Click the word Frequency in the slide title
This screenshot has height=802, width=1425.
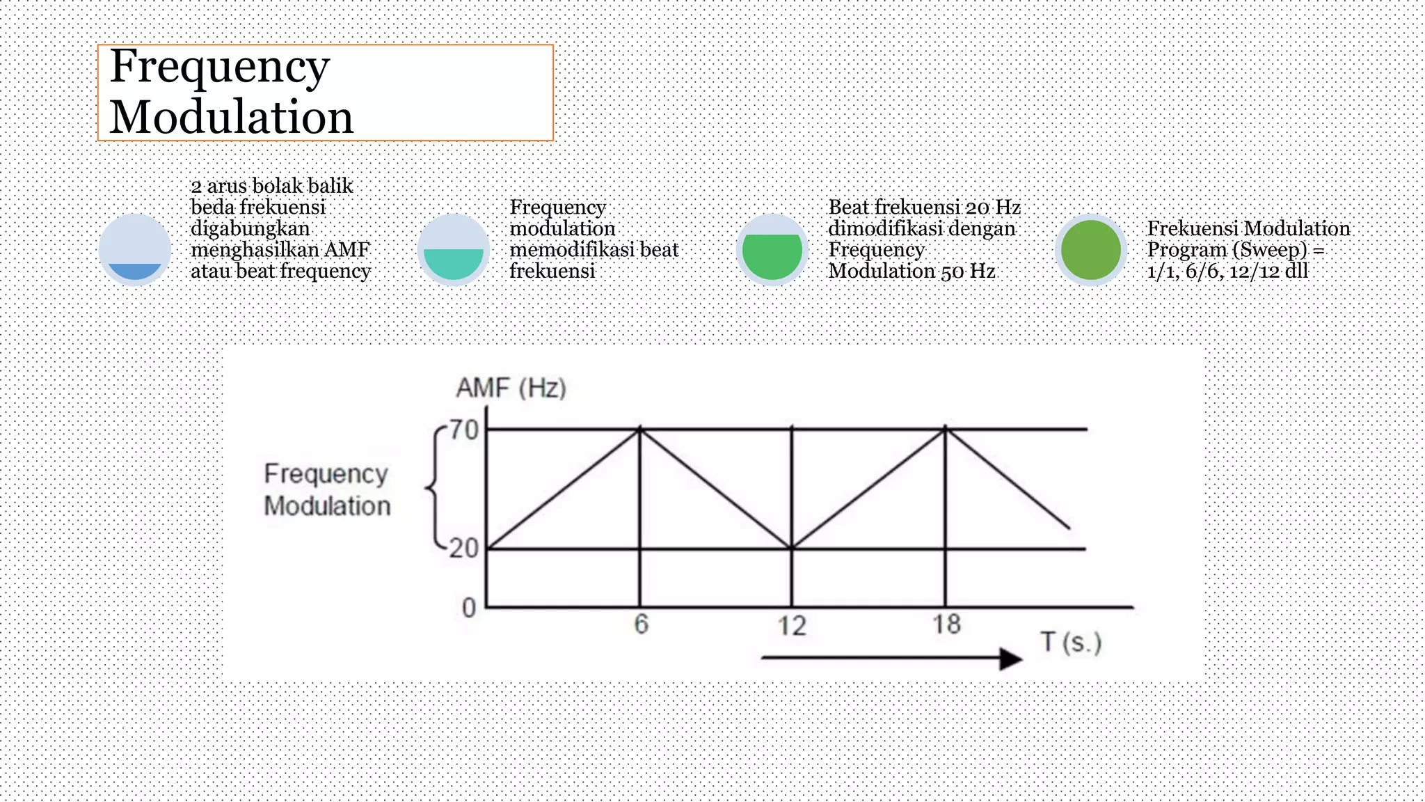click(219, 68)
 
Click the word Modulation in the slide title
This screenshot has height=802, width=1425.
click(231, 117)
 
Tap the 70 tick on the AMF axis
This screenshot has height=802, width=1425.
click(464, 430)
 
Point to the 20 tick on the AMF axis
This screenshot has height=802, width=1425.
click(464, 549)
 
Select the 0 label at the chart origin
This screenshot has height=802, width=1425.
click(469, 608)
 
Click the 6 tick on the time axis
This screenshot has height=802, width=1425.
click(641, 624)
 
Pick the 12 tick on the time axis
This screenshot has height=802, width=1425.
click(792, 625)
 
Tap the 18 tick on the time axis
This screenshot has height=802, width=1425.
click(946, 624)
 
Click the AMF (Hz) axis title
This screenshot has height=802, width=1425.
click(511, 388)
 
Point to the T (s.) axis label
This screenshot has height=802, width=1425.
click(1071, 642)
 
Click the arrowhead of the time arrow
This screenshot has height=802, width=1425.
click(1010, 658)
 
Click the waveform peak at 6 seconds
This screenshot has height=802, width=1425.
click(640, 430)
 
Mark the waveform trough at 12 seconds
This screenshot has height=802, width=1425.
click(792, 548)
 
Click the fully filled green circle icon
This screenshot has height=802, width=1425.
click(1090, 250)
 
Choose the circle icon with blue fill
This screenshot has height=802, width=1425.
click(135, 250)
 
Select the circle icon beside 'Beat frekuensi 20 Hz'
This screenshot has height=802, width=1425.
click(772, 250)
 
